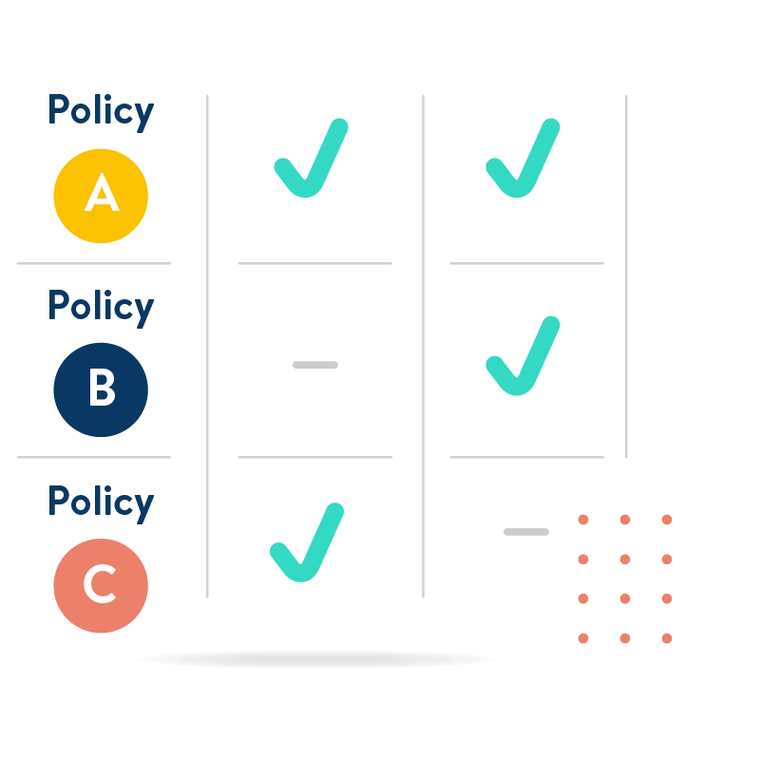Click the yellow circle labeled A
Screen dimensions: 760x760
pyautogui.click(x=101, y=195)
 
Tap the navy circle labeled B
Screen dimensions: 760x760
pyautogui.click(x=101, y=389)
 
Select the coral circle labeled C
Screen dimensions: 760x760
pyautogui.click(x=101, y=585)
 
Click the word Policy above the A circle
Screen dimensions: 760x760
pyautogui.click(x=101, y=111)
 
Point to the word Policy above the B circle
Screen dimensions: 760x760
pyautogui.click(x=101, y=307)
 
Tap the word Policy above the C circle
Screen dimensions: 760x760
pyautogui.click(x=101, y=502)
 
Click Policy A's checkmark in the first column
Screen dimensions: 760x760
pyautogui.click(x=311, y=161)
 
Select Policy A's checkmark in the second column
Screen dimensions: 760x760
pyautogui.click(x=522, y=161)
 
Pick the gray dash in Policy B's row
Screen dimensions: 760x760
pyautogui.click(x=315, y=365)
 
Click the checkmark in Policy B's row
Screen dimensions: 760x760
pyautogui.click(x=522, y=359)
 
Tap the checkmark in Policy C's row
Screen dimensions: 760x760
pyautogui.click(x=307, y=545)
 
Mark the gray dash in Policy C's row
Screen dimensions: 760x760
pyautogui.click(x=526, y=532)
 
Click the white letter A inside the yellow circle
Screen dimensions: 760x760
pyautogui.click(x=101, y=195)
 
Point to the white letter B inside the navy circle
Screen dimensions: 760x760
pyautogui.click(x=101, y=389)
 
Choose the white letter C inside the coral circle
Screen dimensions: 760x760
pyautogui.click(x=100, y=585)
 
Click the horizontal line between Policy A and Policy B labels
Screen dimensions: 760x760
pyautogui.click(x=94, y=263)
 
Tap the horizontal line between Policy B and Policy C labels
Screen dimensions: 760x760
pyautogui.click(x=94, y=457)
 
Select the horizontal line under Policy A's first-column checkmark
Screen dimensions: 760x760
pyautogui.click(x=314, y=263)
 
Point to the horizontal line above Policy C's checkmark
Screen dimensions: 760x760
pyautogui.click(x=314, y=457)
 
